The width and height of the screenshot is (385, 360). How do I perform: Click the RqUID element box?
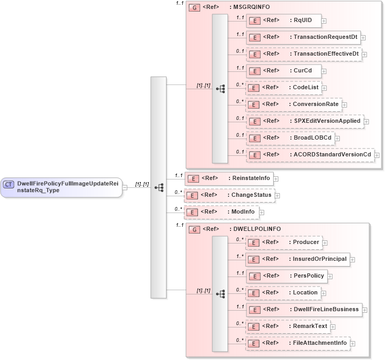click(284, 20)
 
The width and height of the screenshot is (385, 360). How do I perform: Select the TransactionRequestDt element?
click(303, 37)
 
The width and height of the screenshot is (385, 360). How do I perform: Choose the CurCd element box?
click(284, 71)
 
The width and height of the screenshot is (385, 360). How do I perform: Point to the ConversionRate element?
click(294, 104)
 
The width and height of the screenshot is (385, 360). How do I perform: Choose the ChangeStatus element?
click(229, 195)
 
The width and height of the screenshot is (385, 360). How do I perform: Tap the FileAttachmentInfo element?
click(298, 343)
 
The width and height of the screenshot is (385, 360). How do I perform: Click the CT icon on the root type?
click(9, 184)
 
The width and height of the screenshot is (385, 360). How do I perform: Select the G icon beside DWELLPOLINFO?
click(194, 229)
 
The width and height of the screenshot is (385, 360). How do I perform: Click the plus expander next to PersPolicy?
click(330, 276)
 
